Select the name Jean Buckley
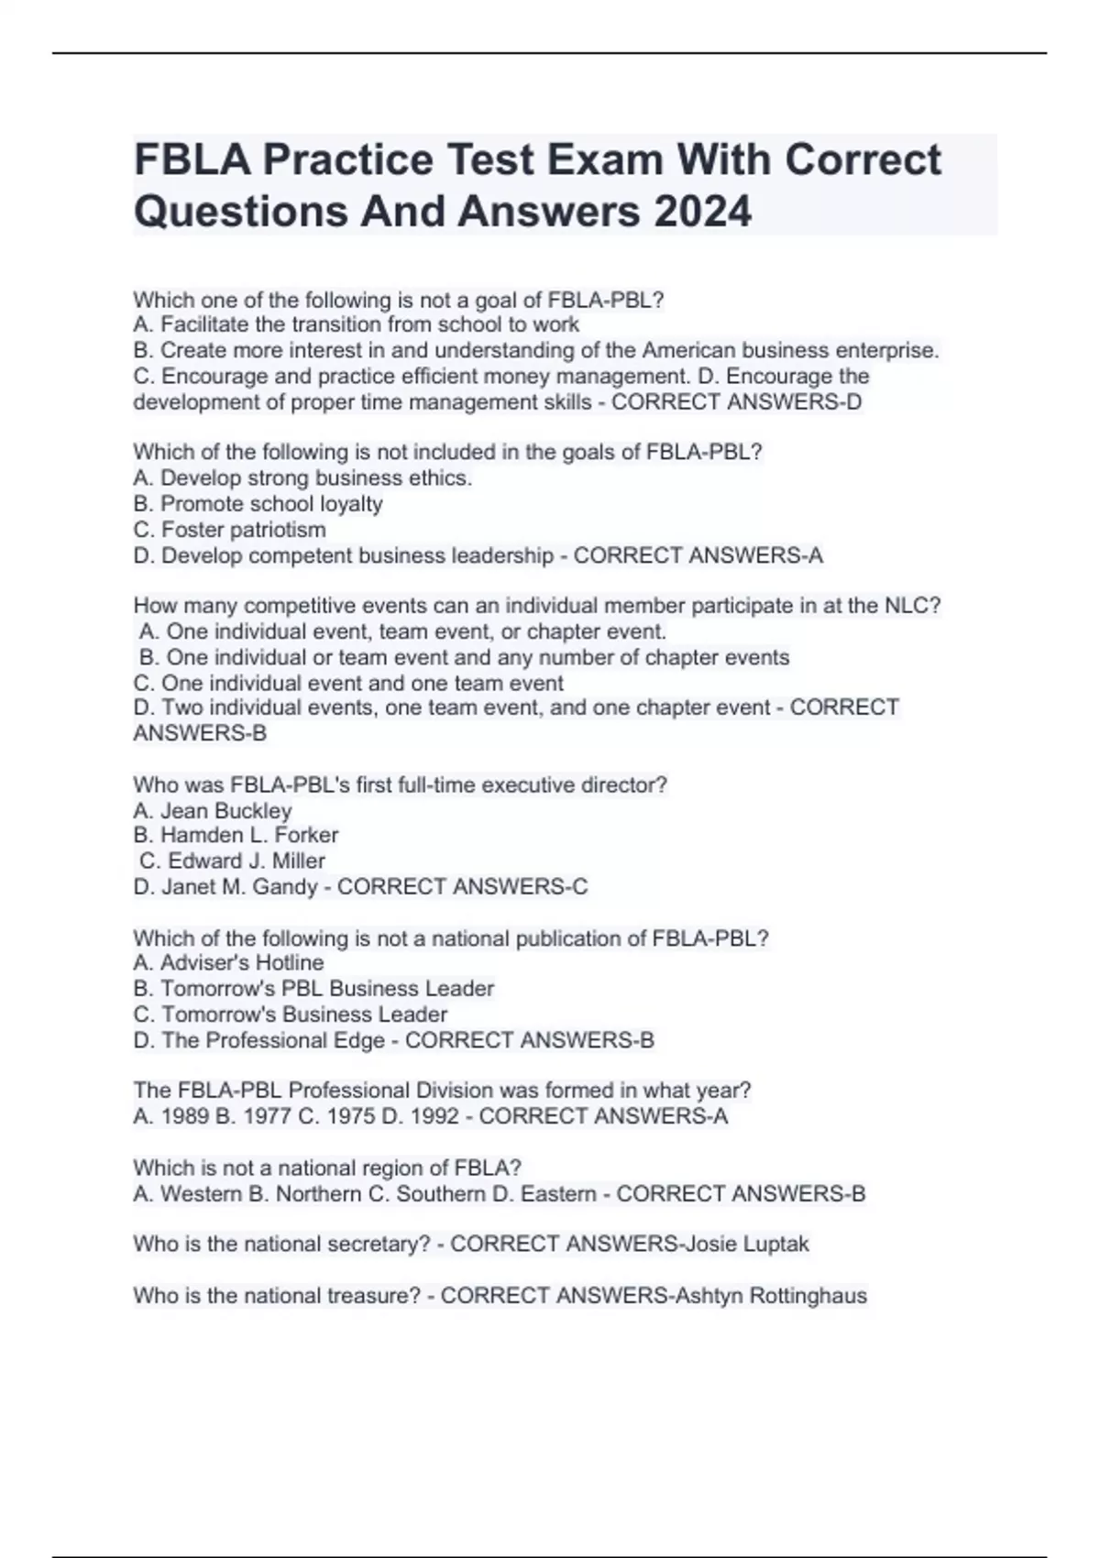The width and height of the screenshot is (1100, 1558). tap(225, 811)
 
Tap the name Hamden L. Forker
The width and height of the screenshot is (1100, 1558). tap(249, 835)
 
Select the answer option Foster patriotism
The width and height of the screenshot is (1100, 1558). tap(243, 530)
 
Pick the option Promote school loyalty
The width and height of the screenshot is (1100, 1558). tap(271, 504)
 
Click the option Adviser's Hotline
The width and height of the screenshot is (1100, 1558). tap(242, 963)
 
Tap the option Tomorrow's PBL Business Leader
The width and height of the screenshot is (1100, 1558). tap(327, 989)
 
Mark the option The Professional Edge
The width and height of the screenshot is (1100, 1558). tap(273, 1041)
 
